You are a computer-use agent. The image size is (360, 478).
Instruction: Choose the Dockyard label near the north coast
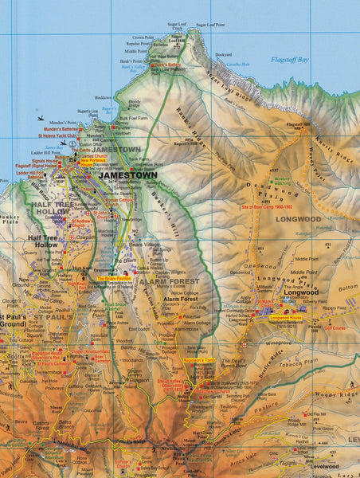coord(223,55)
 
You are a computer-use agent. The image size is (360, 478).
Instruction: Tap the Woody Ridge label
coord(338,394)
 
